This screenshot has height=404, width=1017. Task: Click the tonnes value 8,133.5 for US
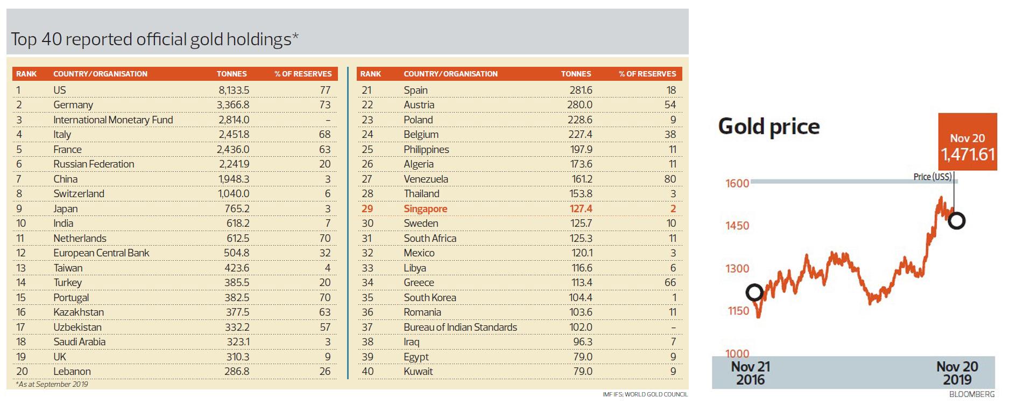point(234,90)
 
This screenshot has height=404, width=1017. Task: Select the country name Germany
point(73,105)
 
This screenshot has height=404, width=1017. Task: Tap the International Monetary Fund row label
point(113,120)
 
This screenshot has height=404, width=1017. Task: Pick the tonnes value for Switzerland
point(234,194)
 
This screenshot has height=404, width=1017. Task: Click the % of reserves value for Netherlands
point(324,238)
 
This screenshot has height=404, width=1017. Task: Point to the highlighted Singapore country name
point(426,208)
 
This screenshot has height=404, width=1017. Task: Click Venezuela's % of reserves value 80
point(670,179)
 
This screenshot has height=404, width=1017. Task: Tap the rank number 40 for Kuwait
point(368,372)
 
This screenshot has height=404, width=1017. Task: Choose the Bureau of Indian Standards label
point(460,327)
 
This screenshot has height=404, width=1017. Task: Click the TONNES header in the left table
point(231,74)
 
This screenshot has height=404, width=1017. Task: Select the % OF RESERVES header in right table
point(647,74)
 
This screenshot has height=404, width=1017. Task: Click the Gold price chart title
point(769,127)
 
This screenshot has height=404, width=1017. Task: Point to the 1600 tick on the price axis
point(737,183)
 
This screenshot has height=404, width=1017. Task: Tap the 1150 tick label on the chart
point(738,311)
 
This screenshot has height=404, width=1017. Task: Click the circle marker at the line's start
point(754,292)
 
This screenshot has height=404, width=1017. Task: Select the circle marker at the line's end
point(957,220)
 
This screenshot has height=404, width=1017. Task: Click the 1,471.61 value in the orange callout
point(967,155)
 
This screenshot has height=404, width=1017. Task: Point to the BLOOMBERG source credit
point(972,394)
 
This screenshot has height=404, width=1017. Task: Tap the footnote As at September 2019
point(52,385)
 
